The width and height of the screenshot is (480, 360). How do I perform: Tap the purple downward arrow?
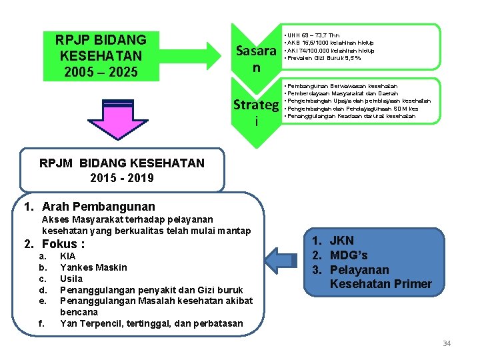[x=106, y=123]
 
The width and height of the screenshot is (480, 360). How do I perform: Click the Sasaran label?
[x=257, y=59]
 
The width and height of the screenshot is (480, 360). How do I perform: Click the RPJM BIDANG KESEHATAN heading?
[x=122, y=163]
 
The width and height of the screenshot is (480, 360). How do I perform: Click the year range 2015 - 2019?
[x=122, y=177]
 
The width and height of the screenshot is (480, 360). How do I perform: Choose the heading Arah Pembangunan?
[x=98, y=207]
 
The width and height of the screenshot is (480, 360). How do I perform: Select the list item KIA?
[x=68, y=257]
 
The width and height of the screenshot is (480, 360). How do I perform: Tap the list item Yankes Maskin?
[x=93, y=267]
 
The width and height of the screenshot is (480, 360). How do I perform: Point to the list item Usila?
[x=71, y=279]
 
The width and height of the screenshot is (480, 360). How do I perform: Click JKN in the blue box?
[x=342, y=241]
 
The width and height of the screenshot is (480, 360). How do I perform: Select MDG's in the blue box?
[x=349, y=255]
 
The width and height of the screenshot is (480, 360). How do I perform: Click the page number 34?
[x=447, y=343]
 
